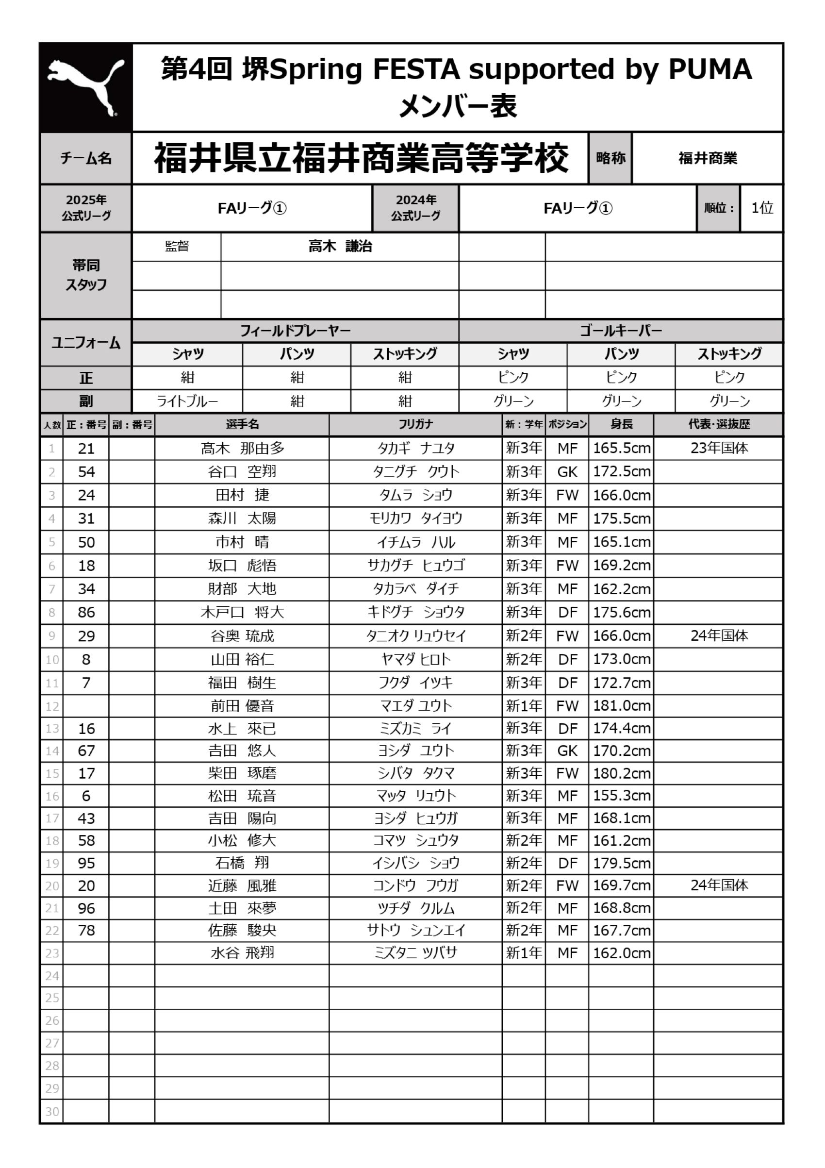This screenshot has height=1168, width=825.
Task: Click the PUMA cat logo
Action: pyautogui.click(x=85, y=87)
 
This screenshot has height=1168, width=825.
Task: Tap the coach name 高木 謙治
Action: pyautogui.click(x=340, y=247)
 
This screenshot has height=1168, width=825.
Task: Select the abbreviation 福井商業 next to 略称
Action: pyautogui.click(x=707, y=158)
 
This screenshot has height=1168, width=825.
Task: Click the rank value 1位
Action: pyautogui.click(x=762, y=208)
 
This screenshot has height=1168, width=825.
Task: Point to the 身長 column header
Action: pyautogui.click(x=621, y=424)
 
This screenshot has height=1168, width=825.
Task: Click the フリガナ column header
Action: pyautogui.click(x=415, y=424)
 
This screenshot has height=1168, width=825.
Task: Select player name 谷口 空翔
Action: pyautogui.click(x=242, y=471)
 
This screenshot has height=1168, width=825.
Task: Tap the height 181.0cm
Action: pyautogui.click(x=621, y=705)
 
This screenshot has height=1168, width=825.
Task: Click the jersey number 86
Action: pyautogui.click(x=86, y=612)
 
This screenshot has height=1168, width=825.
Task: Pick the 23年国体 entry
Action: pyautogui.click(x=719, y=448)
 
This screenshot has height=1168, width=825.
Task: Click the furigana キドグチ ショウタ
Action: pyautogui.click(x=415, y=612)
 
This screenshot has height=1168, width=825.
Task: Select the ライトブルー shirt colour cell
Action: pyautogui.click(x=187, y=401)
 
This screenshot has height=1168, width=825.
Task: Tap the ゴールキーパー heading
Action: pyautogui.click(x=621, y=331)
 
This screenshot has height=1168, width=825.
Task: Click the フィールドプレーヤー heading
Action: pyautogui.click(x=295, y=331)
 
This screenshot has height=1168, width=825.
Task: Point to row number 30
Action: pyautogui.click(x=52, y=1112)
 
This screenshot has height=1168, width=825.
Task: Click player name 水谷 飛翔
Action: pyautogui.click(x=242, y=953)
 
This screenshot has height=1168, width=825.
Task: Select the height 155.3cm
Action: pyautogui.click(x=621, y=796)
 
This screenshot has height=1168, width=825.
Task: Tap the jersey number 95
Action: pyautogui.click(x=86, y=863)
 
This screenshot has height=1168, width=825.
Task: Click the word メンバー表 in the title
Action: pyautogui.click(x=457, y=106)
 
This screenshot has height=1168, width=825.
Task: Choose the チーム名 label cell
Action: pyautogui.click(x=85, y=158)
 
